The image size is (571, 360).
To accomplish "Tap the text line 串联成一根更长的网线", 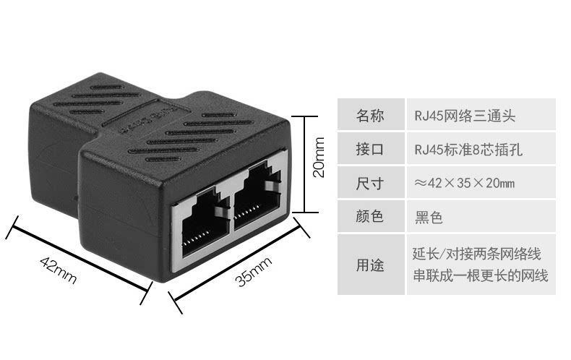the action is coord(480,275).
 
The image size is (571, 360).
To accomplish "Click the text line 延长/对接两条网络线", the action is coord(476,254).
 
